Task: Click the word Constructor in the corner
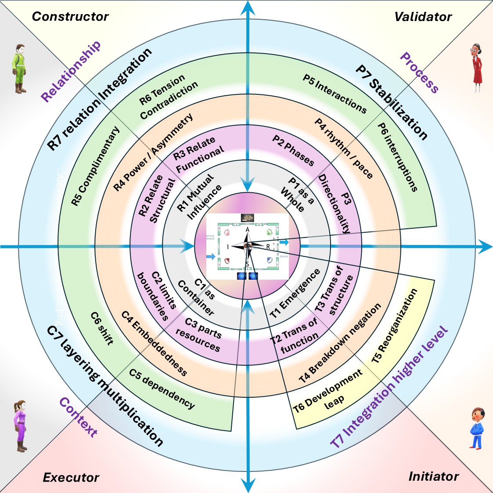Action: (x=70, y=17)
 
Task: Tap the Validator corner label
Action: (x=423, y=17)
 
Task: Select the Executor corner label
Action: (x=71, y=478)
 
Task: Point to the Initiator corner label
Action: (x=433, y=476)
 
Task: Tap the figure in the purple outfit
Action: (x=20, y=426)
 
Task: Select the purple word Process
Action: (x=419, y=73)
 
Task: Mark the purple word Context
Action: (x=79, y=417)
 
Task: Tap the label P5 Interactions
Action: (x=335, y=94)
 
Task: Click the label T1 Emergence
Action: (x=295, y=293)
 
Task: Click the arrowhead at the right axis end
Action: (x=486, y=247)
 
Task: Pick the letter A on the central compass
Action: (x=248, y=230)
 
